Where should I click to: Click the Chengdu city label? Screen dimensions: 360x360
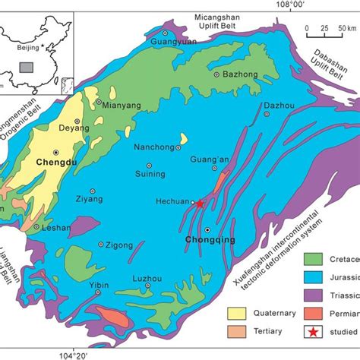point(52,162)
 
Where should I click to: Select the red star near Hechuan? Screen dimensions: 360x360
point(199,204)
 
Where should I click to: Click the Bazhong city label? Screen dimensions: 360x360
point(235,74)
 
